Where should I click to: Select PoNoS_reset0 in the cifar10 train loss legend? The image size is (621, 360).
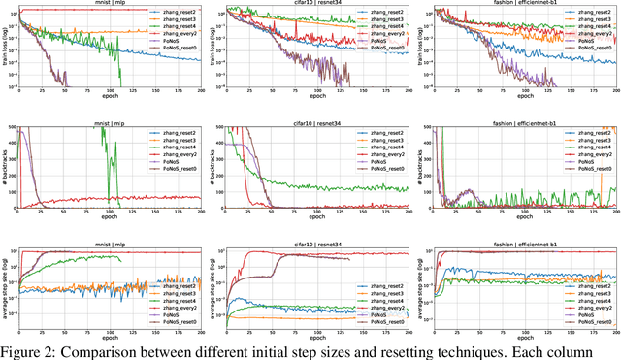pyautogui.click(x=379, y=46)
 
